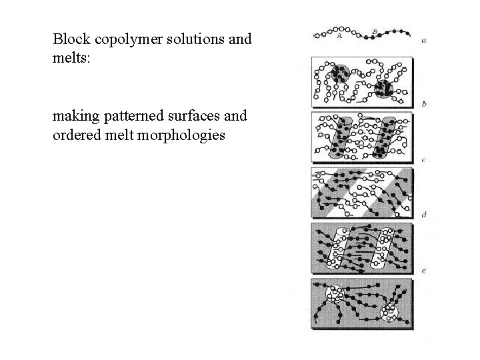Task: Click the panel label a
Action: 425,41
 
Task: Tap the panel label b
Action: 425,104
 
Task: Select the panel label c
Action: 425,160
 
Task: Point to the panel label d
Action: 425,215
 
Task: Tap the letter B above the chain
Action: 375,29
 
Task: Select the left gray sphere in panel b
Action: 339,74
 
